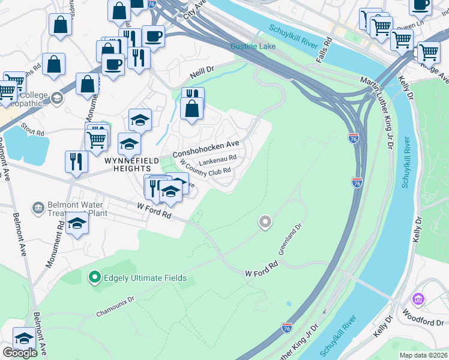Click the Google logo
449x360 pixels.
[20, 353]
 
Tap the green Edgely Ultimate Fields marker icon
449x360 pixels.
[94, 277]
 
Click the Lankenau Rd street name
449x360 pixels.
[217, 161]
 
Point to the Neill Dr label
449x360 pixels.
[202, 75]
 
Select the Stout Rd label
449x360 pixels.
[33, 129]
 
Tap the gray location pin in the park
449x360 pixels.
[265, 223]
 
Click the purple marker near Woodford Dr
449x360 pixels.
[417, 299]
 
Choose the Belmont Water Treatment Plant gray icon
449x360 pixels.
[39, 207]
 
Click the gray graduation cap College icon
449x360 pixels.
[57, 98]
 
